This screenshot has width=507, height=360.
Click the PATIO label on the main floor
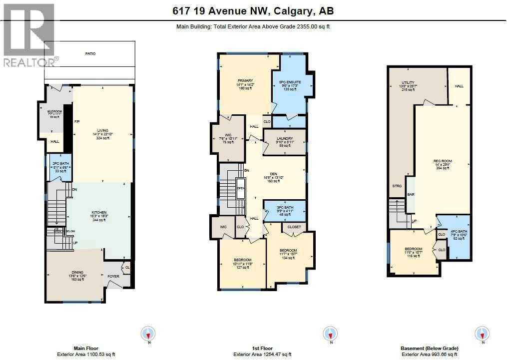(90, 53)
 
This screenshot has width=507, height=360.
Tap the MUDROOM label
(54, 111)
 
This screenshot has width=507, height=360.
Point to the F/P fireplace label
(77, 122)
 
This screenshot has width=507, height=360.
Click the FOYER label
(113, 275)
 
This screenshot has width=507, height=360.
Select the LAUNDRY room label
(285, 138)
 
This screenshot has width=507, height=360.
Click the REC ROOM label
(443, 161)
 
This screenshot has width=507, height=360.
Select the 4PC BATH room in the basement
(459, 231)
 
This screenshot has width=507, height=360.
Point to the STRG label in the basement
(397, 186)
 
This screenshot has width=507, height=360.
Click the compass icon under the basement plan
(482, 334)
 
